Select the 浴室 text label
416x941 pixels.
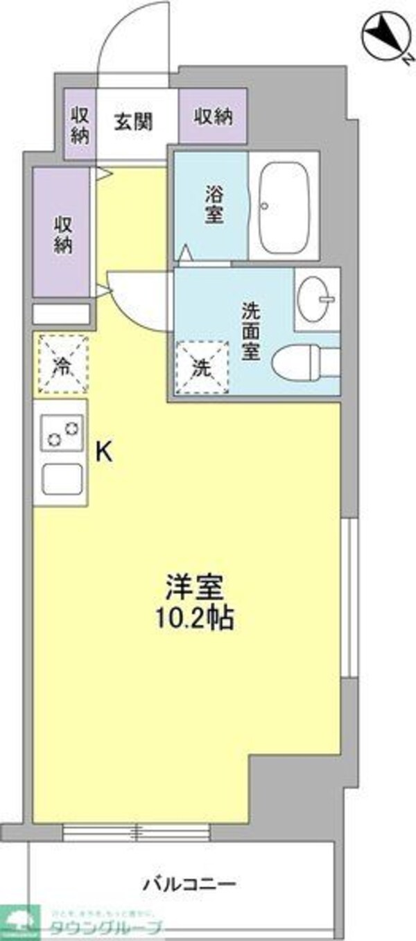click(x=213, y=204)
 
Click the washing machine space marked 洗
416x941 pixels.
click(x=202, y=367)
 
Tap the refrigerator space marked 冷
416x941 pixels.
click(x=62, y=364)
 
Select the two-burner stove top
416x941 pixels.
click(x=62, y=431)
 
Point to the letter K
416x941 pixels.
click(x=103, y=452)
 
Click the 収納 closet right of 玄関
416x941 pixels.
click(x=213, y=117)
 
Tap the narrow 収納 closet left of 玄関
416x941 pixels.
click(x=80, y=125)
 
